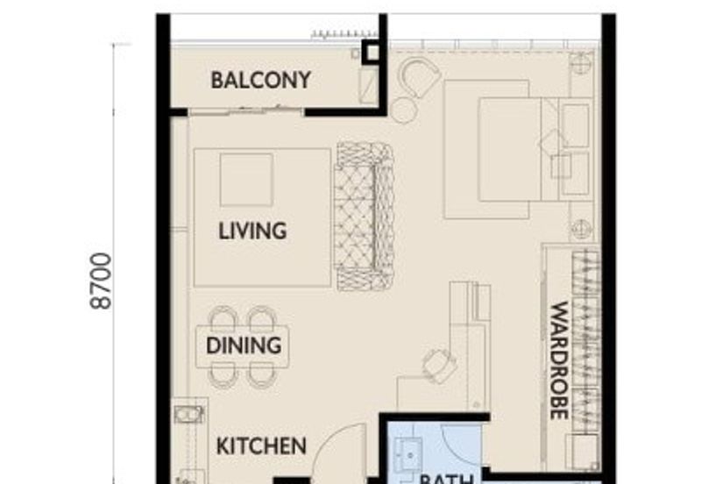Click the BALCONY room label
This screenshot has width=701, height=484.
pos(260,81)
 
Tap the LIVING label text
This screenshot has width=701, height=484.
pos(252,231)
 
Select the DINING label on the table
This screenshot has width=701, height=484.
pos(244,345)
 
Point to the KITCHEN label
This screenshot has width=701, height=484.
pos(261,446)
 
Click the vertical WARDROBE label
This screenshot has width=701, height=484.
pos(559,360)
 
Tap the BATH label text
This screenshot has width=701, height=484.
pos(447,478)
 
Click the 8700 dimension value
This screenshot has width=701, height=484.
pos(103,281)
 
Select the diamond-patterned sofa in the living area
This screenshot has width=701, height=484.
pos(365,217)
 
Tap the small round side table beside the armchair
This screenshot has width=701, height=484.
pos(404,110)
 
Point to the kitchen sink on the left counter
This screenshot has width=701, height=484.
pos(188,414)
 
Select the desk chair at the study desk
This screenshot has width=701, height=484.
pos(438,364)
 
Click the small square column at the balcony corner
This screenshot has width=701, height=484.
pos(372,53)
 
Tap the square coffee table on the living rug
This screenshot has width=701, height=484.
pos(246,180)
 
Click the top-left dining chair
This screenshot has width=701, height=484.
pos(224,317)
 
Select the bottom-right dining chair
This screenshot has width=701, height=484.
pos(261,374)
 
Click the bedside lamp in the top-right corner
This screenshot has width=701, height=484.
pos(580,63)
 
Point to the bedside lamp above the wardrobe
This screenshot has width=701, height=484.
pos(580,229)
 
